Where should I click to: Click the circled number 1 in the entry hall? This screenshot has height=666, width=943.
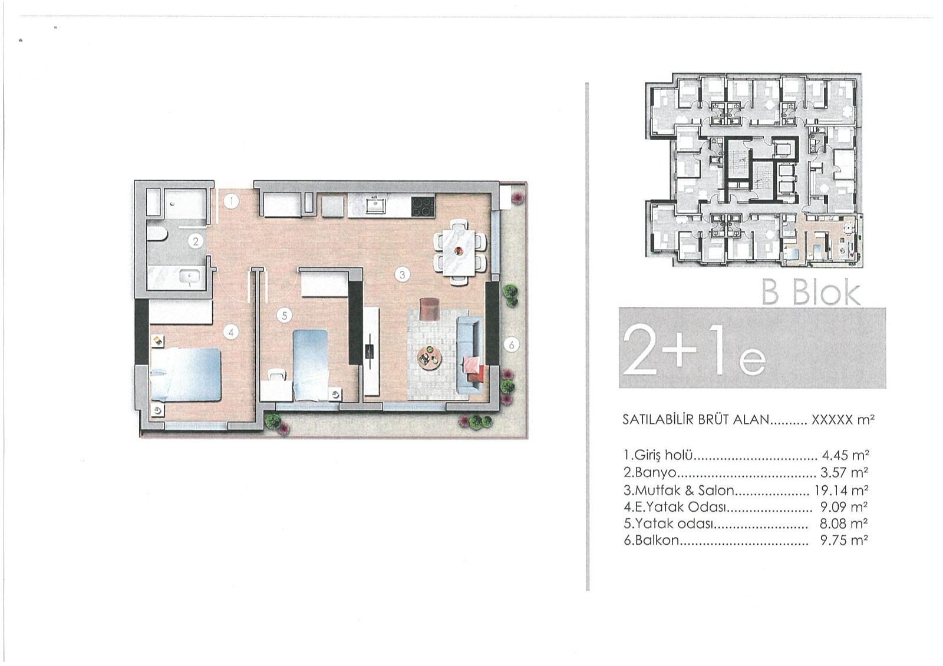point(230,202)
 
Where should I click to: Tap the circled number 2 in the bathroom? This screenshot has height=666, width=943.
point(196,241)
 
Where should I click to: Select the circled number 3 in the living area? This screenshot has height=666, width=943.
point(403,275)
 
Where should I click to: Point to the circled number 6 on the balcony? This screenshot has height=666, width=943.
point(512,346)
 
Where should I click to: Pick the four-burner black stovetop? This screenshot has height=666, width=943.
point(423,207)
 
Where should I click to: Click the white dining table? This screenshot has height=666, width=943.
point(459,251)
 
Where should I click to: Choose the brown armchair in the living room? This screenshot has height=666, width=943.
point(430,307)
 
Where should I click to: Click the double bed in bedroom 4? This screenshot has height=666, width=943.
point(186,375)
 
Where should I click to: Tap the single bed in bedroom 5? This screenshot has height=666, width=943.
point(310,365)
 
